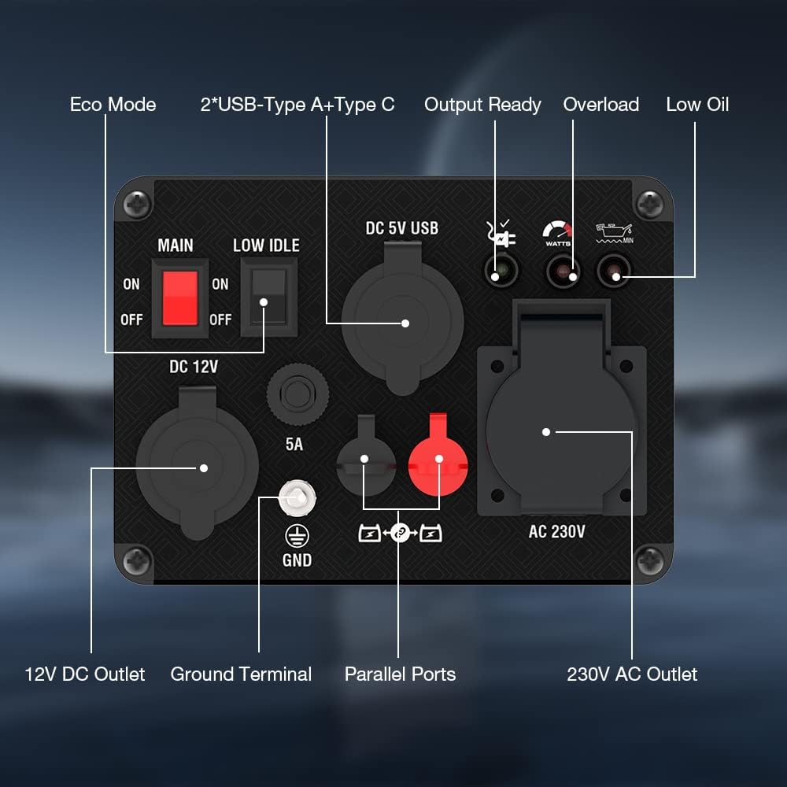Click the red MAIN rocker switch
[179, 298]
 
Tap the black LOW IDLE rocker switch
[269, 297]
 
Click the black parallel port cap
[365, 456]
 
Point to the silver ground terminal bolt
[297, 498]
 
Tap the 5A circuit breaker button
[297, 394]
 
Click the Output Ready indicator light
[501, 271]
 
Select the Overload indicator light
[563, 271]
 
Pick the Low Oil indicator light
[613, 271]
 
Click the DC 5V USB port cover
[402, 317]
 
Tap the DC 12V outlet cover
[198, 463]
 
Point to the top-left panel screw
[137, 204]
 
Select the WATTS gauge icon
[558, 234]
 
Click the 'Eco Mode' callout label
[113, 105]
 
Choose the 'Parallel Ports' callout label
[400, 674]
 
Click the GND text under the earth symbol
[297, 560]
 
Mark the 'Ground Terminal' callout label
[241, 674]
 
